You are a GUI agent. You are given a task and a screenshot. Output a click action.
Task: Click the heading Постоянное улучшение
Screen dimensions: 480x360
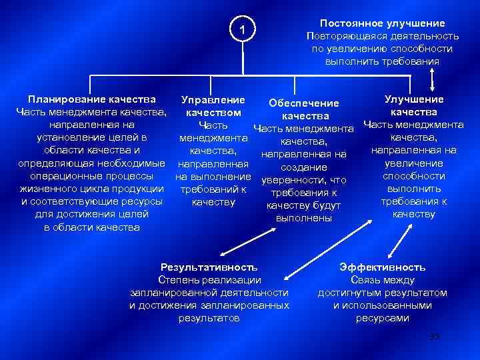(x=382, y=23)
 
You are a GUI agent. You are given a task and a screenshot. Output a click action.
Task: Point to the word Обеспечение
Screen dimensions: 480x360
(x=304, y=103)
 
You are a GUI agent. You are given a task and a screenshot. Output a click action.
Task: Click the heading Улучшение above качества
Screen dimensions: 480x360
(x=414, y=99)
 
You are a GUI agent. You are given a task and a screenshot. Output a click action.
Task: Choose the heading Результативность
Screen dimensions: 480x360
(x=209, y=267)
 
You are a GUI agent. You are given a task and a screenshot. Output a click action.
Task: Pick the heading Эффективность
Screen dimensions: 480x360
(x=382, y=267)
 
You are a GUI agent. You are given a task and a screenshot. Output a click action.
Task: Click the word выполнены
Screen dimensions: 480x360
(x=304, y=218)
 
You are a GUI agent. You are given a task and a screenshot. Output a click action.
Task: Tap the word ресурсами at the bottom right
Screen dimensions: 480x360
(x=382, y=318)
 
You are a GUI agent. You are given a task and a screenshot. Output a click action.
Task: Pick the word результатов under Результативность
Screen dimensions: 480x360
(x=209, y=318)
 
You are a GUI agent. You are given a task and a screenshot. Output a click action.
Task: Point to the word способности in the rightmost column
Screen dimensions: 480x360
(x=414, y=176)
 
